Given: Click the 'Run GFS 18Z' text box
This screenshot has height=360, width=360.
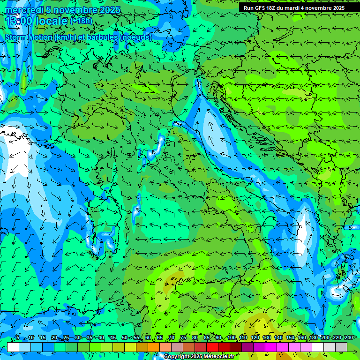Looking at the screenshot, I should click(x=294, y=8).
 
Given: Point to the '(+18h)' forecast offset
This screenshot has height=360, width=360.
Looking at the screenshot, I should click(x=82, y=21).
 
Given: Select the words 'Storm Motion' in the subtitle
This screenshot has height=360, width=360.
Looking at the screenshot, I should click(x=29, y=37).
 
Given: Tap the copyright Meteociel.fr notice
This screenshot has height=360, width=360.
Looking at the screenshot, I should click(x=199, y=357).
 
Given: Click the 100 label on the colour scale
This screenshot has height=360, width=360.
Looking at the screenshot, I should click(x=232, y=338).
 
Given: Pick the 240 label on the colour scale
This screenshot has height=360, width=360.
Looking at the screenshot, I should click(x=348, y=338).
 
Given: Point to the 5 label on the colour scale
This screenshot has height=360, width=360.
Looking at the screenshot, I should click(x=18, y=338).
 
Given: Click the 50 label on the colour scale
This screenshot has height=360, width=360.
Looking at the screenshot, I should click(x=125, y=338).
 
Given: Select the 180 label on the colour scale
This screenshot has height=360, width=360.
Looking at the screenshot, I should click(x=313, y=338).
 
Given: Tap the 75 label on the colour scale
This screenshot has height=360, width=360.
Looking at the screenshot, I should click(x=183, y=338).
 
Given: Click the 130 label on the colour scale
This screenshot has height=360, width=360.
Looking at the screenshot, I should click(x=267, y=338).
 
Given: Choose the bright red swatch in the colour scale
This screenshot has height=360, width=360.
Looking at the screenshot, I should click(x=212, y=347).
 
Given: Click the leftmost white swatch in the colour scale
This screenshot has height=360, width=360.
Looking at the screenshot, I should click(x=13, y=347).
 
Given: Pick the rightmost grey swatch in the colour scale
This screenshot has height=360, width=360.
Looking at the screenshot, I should click(x=341, y=347).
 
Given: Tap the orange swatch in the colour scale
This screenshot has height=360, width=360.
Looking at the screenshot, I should click(x=154, y=347).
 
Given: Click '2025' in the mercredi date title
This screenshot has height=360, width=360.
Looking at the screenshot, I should click(x=109, y=10).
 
